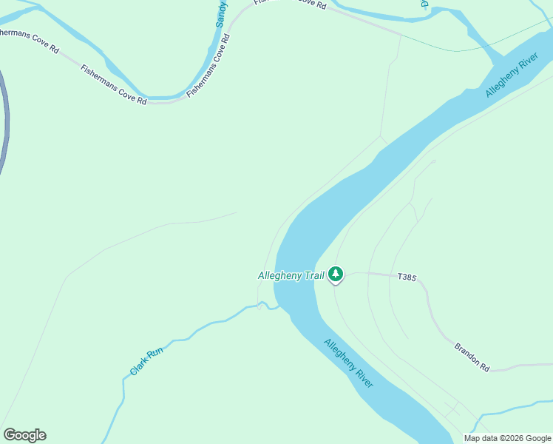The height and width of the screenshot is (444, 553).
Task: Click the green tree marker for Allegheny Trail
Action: (336, 275)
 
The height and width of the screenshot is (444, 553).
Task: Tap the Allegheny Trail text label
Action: (291, 276)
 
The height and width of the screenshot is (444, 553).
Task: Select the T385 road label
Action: (407, 277)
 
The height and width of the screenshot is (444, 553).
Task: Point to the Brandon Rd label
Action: (472, 357)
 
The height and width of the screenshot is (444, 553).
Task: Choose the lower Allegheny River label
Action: (348, 363)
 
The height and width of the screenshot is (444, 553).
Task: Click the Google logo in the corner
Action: (24, 435)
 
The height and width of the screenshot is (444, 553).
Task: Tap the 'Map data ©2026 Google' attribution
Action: (507, 438)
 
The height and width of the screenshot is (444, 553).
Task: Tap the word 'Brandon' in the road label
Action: (467, 351)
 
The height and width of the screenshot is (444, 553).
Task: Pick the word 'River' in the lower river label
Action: (362, 376)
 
